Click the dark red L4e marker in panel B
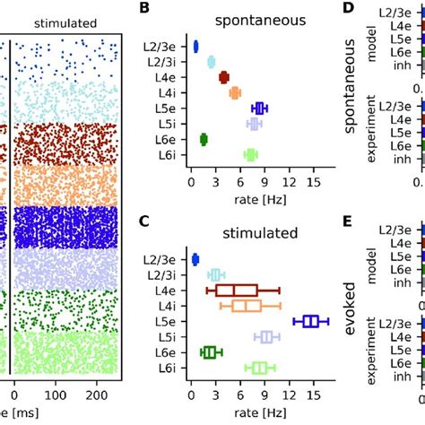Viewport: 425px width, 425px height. click(224, 77)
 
